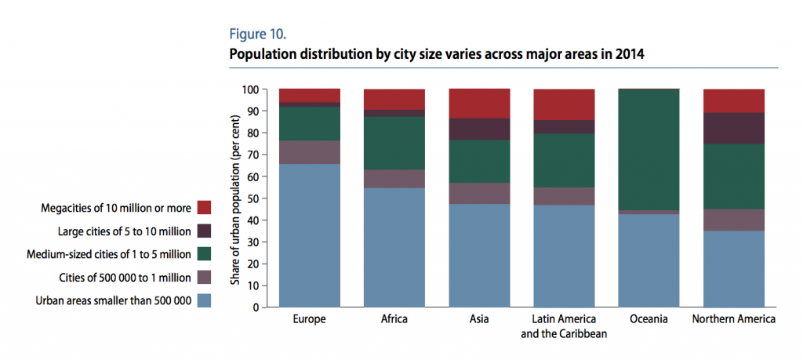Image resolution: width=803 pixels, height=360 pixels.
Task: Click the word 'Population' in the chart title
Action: click(262, 54)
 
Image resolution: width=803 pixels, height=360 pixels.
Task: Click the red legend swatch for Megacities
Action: click(205, 208)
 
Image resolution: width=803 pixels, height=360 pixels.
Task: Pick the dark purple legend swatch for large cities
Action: click(205, 231)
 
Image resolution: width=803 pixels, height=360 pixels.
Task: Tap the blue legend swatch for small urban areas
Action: click(205, 300)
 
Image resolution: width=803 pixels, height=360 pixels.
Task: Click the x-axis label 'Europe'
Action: click(309, 320)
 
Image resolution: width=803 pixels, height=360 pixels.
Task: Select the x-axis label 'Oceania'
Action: click(649, 320)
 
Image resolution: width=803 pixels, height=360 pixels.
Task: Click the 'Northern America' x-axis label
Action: click(733, 320)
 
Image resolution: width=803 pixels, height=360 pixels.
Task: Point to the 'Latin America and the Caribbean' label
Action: click(564, 325)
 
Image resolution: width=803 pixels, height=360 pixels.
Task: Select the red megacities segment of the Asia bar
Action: click(478, 104)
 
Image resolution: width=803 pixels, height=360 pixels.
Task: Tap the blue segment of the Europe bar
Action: click(309, 235)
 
